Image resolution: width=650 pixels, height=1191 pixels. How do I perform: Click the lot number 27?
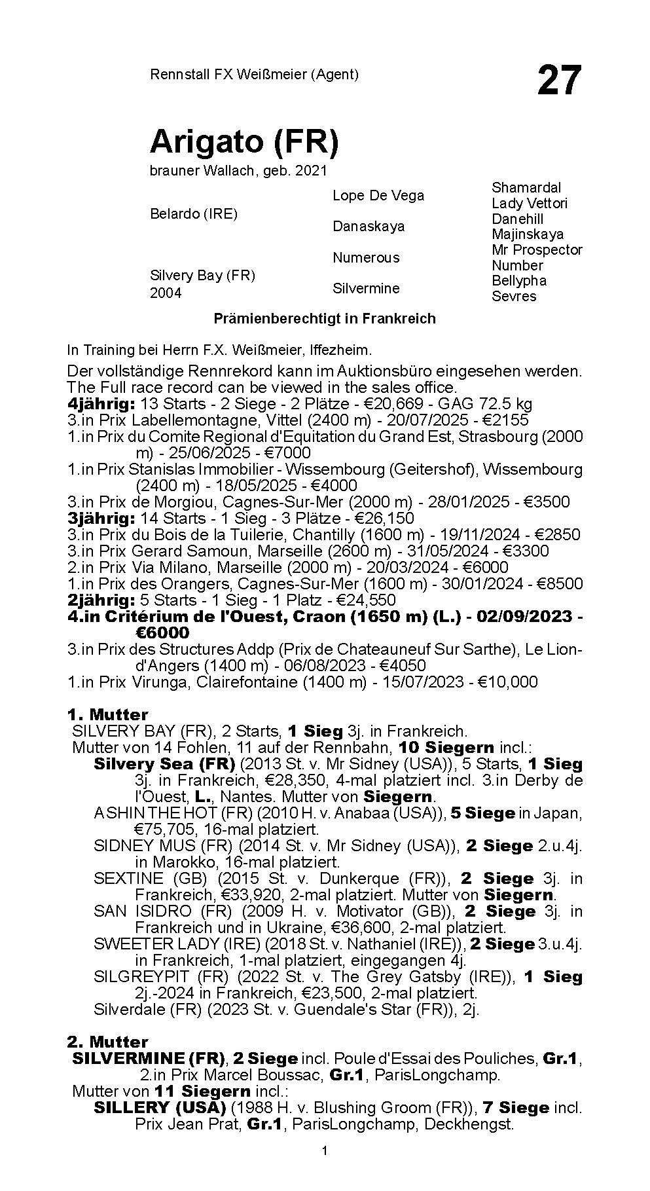click(559, 80)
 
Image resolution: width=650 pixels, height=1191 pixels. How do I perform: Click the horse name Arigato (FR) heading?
click(244, 142)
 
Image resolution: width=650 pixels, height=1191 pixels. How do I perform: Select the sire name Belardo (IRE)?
click(193, 214)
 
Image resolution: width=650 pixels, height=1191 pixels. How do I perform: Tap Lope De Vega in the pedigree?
click(378, 195)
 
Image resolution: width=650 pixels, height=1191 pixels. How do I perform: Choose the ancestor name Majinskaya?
click(527, 234)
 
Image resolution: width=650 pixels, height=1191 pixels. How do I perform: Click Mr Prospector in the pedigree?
click(536, 249)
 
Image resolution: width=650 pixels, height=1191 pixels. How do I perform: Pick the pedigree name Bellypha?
click(518, 280)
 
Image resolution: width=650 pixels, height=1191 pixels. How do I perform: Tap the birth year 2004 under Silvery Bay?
click(166, 293)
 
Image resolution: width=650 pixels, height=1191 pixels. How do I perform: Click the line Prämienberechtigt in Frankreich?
click(325, 319)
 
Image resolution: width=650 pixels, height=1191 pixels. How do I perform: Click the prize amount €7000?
click(286, 453)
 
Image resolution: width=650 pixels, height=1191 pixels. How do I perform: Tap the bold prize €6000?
click(162, 633)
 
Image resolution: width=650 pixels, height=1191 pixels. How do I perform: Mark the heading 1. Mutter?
click(107, 714)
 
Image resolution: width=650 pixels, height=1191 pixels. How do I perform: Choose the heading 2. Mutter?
click(107, 1042)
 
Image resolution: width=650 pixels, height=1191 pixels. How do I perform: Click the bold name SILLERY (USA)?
click(160, 1108)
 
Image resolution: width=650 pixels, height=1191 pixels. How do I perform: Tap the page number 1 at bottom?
click(325, 1169)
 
